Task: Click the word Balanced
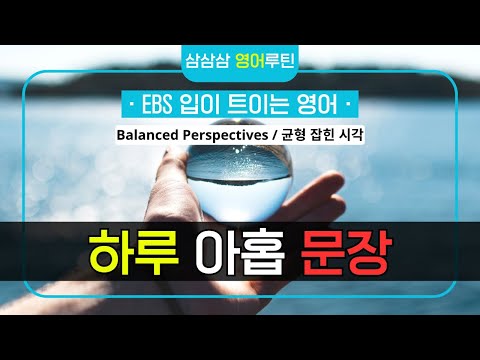(158, 132)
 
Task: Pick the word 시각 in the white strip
(356, 132)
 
